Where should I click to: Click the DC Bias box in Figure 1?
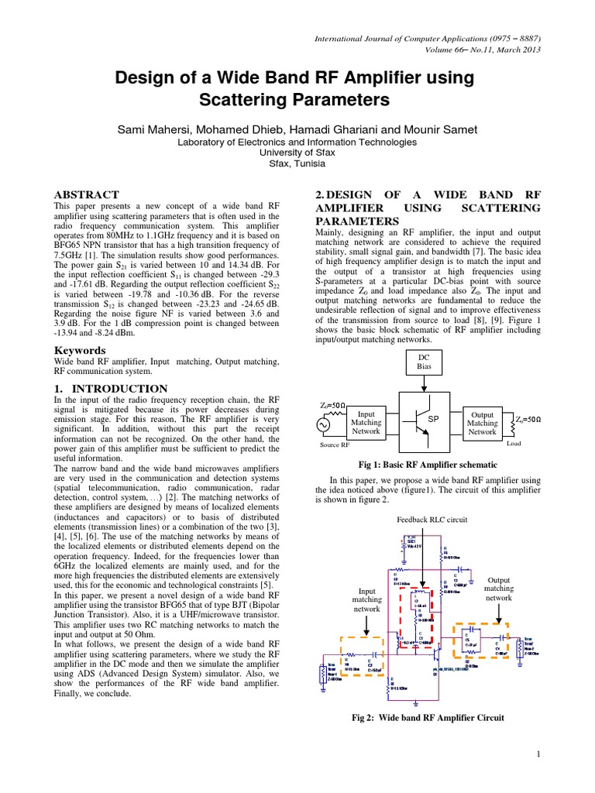(x=424, y=361)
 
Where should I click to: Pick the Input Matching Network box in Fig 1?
(x=366, y=423)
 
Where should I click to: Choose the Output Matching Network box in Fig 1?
(x=482, y=423)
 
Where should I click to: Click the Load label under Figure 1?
(x=514, y=445)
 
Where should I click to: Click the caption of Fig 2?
(x=428, y=718)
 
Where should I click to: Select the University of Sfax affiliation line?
(x=297, y=153)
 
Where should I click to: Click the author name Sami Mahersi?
(x=157, y=129)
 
